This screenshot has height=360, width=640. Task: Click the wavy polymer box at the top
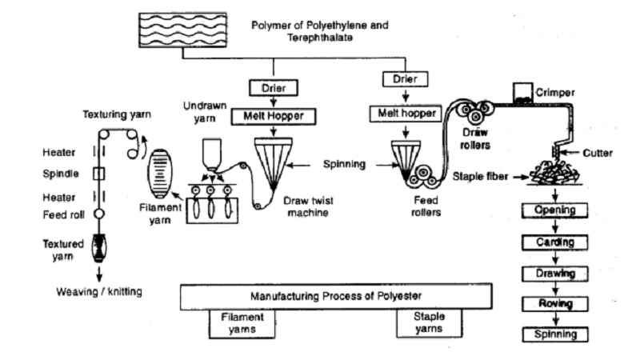(x=183, y=30)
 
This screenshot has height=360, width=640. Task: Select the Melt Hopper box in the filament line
(x=274, y=116)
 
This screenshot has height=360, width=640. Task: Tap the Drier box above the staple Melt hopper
(x=405, y=78)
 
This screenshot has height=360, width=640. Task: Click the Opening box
(x=555, y=210)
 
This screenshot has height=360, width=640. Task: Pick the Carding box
(x=555, y=242)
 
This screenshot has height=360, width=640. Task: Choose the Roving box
(x=555, y=304)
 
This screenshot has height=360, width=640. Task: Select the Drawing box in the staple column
(x=555, y=274)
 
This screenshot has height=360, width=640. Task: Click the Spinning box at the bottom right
(x=555, y=334)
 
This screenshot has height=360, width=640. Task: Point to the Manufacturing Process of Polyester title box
(x=336, y=296)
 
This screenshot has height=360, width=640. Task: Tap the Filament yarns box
(x=242, y=323)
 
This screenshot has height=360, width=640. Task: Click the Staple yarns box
(x=429, y=323)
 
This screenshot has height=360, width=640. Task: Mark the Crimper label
(x=555, y=93)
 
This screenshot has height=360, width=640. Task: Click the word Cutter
(x=598, y=153)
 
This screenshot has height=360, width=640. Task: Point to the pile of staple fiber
(x=555, y=173)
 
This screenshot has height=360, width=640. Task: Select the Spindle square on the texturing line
(x=98, y=174)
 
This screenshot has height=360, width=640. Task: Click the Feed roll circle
(x=98, y=214)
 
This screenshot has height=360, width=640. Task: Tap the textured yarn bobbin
(x=98, y=248)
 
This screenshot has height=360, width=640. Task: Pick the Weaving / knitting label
(x=99, y=292)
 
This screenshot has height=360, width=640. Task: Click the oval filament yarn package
(x=159, y=174)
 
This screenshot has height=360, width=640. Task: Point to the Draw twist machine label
(x=308, y=206)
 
